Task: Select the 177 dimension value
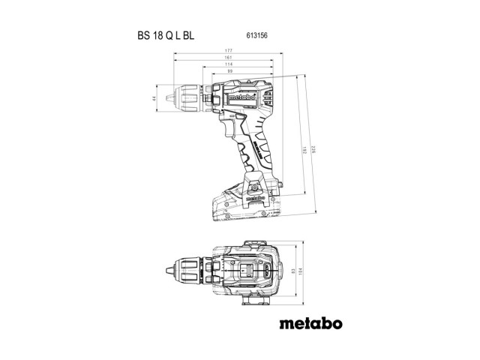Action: (227, 51)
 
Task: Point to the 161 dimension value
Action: (227, 58)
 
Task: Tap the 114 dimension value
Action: (227, 65)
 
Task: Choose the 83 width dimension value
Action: (292, 272)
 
